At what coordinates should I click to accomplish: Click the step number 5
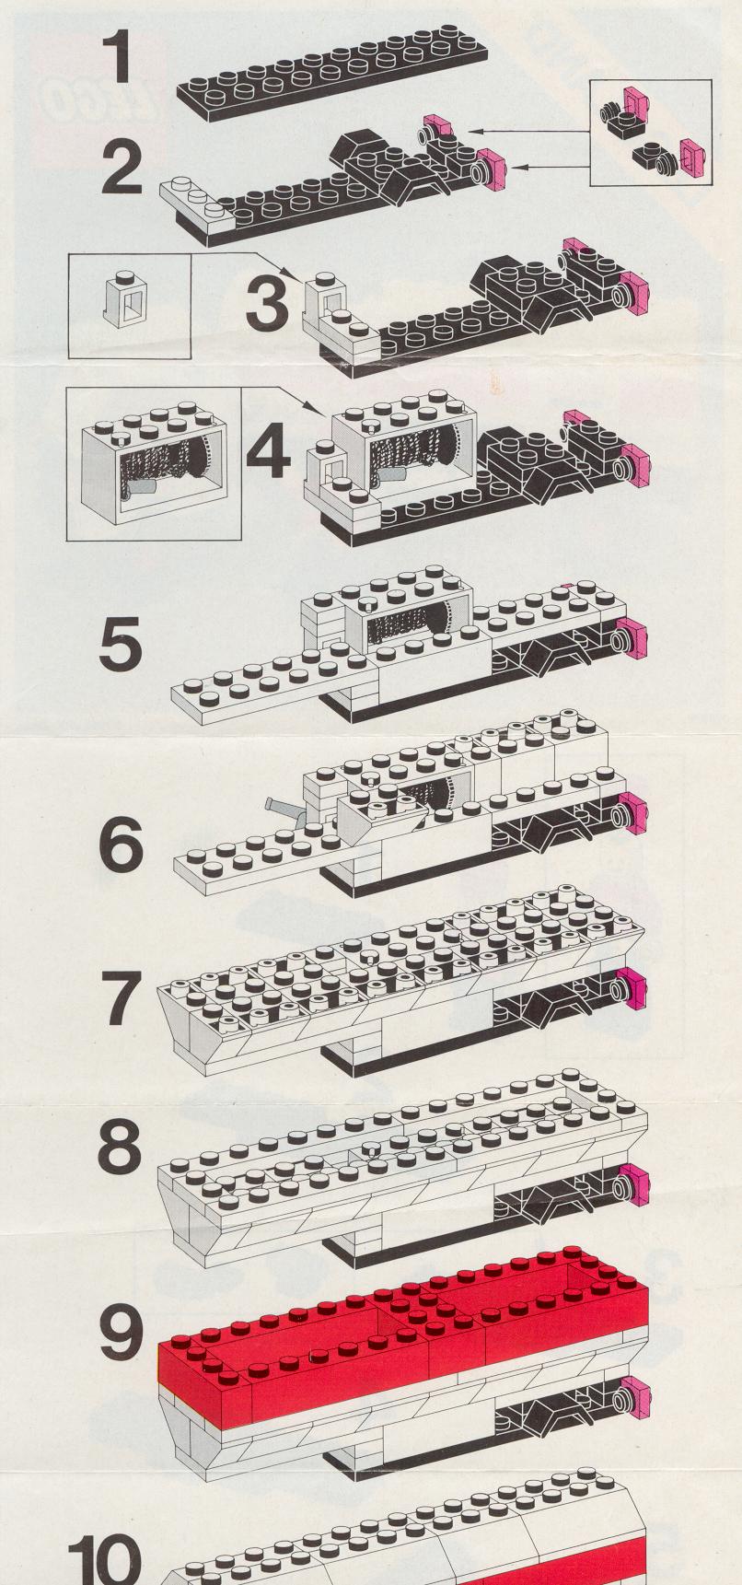click(x=122, y=644)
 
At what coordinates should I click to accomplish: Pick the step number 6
click(x=122, y=845)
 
